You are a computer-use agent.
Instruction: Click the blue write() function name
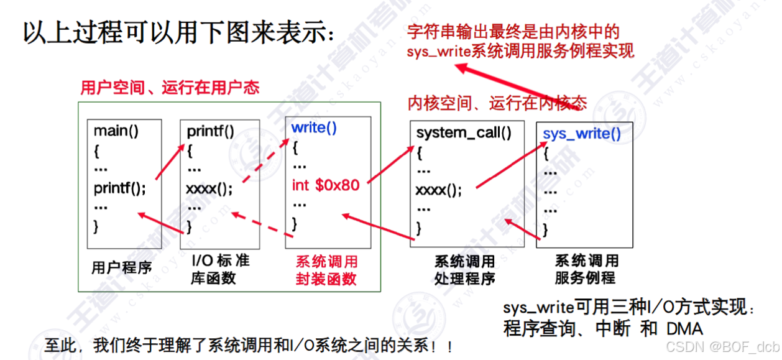pos(314,128)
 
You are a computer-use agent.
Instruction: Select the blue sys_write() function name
pos(581,133)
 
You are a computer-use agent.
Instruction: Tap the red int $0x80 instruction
pos(326,185)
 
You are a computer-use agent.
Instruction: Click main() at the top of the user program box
pos(116,131)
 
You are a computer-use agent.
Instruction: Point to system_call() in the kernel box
pos(463,132)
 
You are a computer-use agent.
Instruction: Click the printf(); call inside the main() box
pos(119,187)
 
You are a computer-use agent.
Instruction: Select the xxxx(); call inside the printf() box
pos(209,188)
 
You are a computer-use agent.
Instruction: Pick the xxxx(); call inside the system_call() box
pos(439,190)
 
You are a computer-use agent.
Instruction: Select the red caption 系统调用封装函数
pos(326,270)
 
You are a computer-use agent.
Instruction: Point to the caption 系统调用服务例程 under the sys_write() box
pos(586,269)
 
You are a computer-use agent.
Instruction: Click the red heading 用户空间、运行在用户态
pos(170,88)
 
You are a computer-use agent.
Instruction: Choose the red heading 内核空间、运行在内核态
pos(497,103)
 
